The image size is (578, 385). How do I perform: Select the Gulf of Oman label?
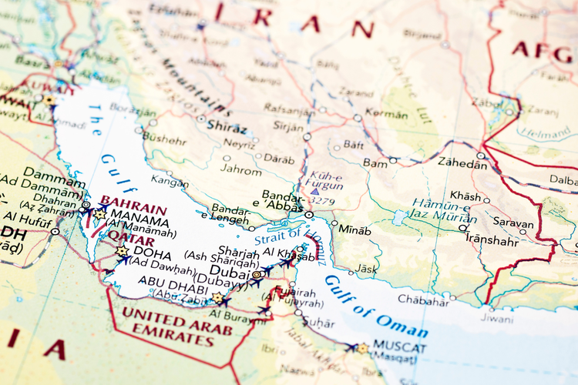click(x=375, y=306)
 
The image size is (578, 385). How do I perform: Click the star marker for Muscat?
click(x=362, y=348)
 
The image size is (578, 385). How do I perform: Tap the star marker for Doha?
click(x=121, y=251)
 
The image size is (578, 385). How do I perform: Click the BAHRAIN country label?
click(x=133, y=209)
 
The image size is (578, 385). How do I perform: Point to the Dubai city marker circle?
click(x=257, y=274)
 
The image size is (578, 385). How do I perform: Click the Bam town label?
click(x=375, y=163)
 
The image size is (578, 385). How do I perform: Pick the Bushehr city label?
click(x=165, y=140)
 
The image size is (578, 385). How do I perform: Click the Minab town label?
click(x=355, y=230)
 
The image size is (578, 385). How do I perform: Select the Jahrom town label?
click(x=241, y=169)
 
